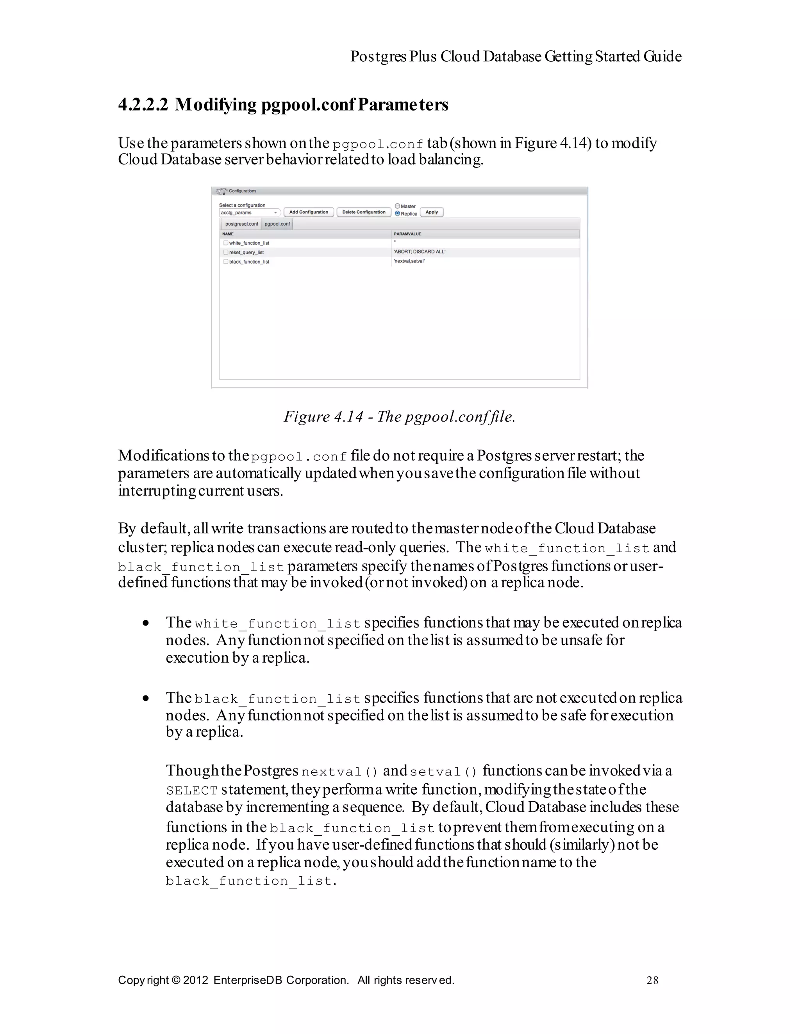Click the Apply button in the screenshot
432,212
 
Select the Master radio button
397,206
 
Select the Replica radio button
397,214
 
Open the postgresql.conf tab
241,224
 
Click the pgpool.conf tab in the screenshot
277,224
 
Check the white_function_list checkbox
226,243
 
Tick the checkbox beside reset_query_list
226,252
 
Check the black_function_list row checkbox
226,261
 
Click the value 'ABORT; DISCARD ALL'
419,252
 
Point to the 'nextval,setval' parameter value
409,261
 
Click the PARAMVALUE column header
407,234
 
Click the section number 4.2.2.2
143,105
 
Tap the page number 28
652,981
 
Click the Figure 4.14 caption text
399,417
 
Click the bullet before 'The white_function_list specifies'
146,624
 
